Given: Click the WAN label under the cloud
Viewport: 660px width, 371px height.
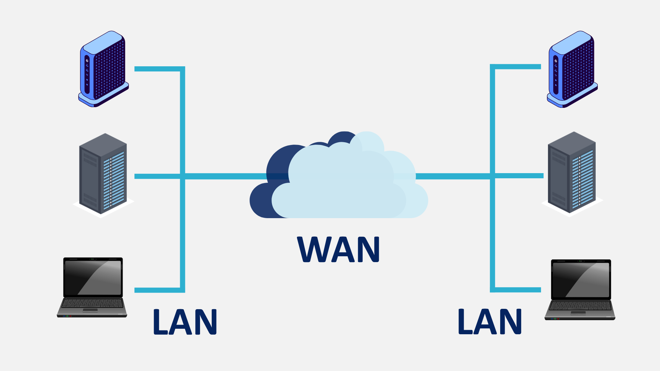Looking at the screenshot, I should click(338, 249).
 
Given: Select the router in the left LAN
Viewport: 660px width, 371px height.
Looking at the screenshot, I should click(103, 69).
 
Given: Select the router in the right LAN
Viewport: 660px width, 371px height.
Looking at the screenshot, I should click(572, 69).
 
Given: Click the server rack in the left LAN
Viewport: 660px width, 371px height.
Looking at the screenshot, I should click(103, 173).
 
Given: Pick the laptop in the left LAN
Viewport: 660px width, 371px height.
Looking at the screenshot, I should click(92, 287).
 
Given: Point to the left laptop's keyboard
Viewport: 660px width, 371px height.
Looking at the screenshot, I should click(92, 303).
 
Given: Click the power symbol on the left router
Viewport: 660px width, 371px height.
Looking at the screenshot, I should click(87, 60).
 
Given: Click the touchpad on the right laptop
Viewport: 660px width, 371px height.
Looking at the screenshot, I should click(578, 313).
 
